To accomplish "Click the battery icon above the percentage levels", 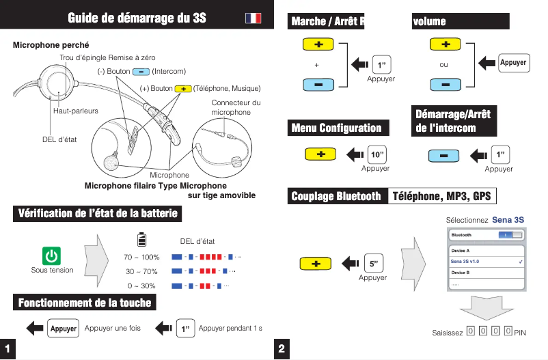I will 141,240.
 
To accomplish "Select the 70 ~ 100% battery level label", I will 141,258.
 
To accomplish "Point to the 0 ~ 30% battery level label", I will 141,286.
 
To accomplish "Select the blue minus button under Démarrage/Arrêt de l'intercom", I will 444,154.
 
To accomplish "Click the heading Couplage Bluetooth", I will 336,197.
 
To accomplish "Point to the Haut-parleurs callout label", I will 75,111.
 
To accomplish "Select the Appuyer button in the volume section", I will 513,62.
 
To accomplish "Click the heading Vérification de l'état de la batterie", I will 98,214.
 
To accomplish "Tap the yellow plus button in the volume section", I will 445,44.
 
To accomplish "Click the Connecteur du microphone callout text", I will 236,108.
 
